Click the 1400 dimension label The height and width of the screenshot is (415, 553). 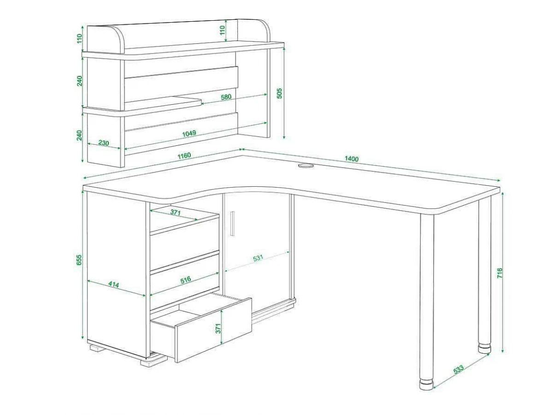tap(352, 159)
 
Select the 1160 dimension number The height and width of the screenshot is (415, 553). tap(184, 156)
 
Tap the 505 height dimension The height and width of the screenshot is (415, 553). tap(280, 93)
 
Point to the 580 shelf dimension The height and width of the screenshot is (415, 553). tap(226, 97)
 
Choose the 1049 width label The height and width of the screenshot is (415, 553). tap(189, 134)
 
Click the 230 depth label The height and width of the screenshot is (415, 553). tap(104, 143)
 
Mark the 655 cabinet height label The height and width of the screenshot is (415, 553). tap(79, 260)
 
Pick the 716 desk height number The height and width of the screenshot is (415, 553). tap(500, 273)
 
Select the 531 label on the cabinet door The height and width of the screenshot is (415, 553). tap(258, 258)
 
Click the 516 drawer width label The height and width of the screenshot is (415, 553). tap(185, 280)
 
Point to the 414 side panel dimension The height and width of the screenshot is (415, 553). tap(114, 285)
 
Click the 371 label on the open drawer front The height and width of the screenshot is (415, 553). tap(218, 328)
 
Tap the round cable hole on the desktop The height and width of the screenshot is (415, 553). tap(306, 166)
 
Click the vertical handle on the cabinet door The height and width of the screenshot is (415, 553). tap(232, 224)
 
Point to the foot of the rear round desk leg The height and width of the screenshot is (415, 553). tap(484, 348)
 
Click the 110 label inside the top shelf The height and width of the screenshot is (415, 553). tap(222, 30)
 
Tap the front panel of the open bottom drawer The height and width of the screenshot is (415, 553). tap(214, 330)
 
